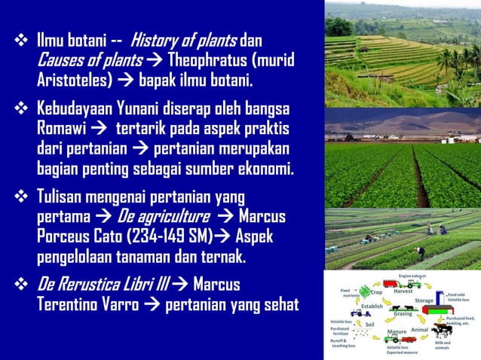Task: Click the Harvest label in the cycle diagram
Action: tap(403, 291)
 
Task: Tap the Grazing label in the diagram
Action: tap(403, 314)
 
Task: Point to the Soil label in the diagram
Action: tap(369, 325)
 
